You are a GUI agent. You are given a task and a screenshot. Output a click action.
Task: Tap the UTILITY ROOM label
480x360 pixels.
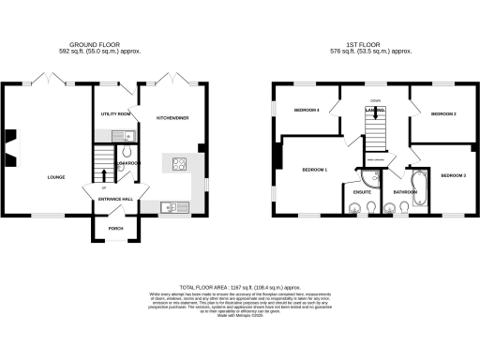[115, 115]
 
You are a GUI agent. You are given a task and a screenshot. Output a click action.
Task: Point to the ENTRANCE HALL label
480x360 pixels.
[116, 199]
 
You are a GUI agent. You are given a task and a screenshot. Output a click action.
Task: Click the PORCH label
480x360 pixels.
[115, 228]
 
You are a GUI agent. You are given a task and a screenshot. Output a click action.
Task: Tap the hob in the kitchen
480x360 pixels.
[177, 165]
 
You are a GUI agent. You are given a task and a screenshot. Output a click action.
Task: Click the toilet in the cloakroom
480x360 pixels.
[127, 151]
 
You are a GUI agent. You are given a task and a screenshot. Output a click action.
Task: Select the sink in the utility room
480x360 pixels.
[127, 135]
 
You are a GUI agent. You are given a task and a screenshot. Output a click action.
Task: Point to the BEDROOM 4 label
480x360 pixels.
[307, 111]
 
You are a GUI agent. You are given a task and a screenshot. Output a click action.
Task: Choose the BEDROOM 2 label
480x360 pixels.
[442, 114]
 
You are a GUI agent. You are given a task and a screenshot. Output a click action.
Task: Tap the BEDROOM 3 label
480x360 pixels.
[454, 175]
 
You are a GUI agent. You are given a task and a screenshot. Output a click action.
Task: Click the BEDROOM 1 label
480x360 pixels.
[313, 170]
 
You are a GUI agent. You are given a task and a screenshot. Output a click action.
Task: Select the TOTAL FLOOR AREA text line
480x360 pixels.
[240, 287]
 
